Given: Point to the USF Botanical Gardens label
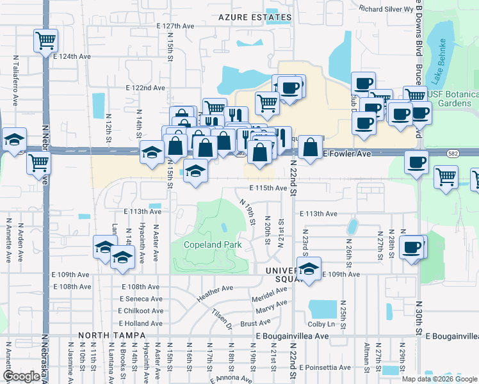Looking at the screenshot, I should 453,99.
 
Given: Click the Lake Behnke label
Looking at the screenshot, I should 442,58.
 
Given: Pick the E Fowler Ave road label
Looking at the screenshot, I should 346,154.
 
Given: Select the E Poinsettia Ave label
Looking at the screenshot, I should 319,368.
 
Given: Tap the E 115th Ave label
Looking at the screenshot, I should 268,188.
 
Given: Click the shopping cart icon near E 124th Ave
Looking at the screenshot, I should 45,41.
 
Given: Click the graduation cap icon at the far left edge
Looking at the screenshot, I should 13,140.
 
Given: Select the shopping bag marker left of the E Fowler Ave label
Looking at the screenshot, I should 310,147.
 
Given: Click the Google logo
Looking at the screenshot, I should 22,376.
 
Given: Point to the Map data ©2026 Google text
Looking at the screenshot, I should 439,379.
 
